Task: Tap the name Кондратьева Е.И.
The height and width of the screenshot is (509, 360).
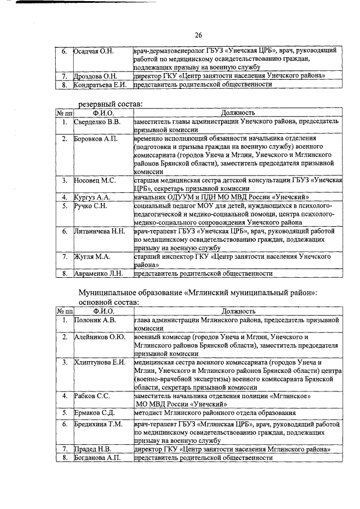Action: [x=102, y=84]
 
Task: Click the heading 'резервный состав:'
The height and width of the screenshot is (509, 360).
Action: [x=111, y=103]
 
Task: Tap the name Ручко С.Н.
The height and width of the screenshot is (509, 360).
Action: [x=91, y=206]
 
